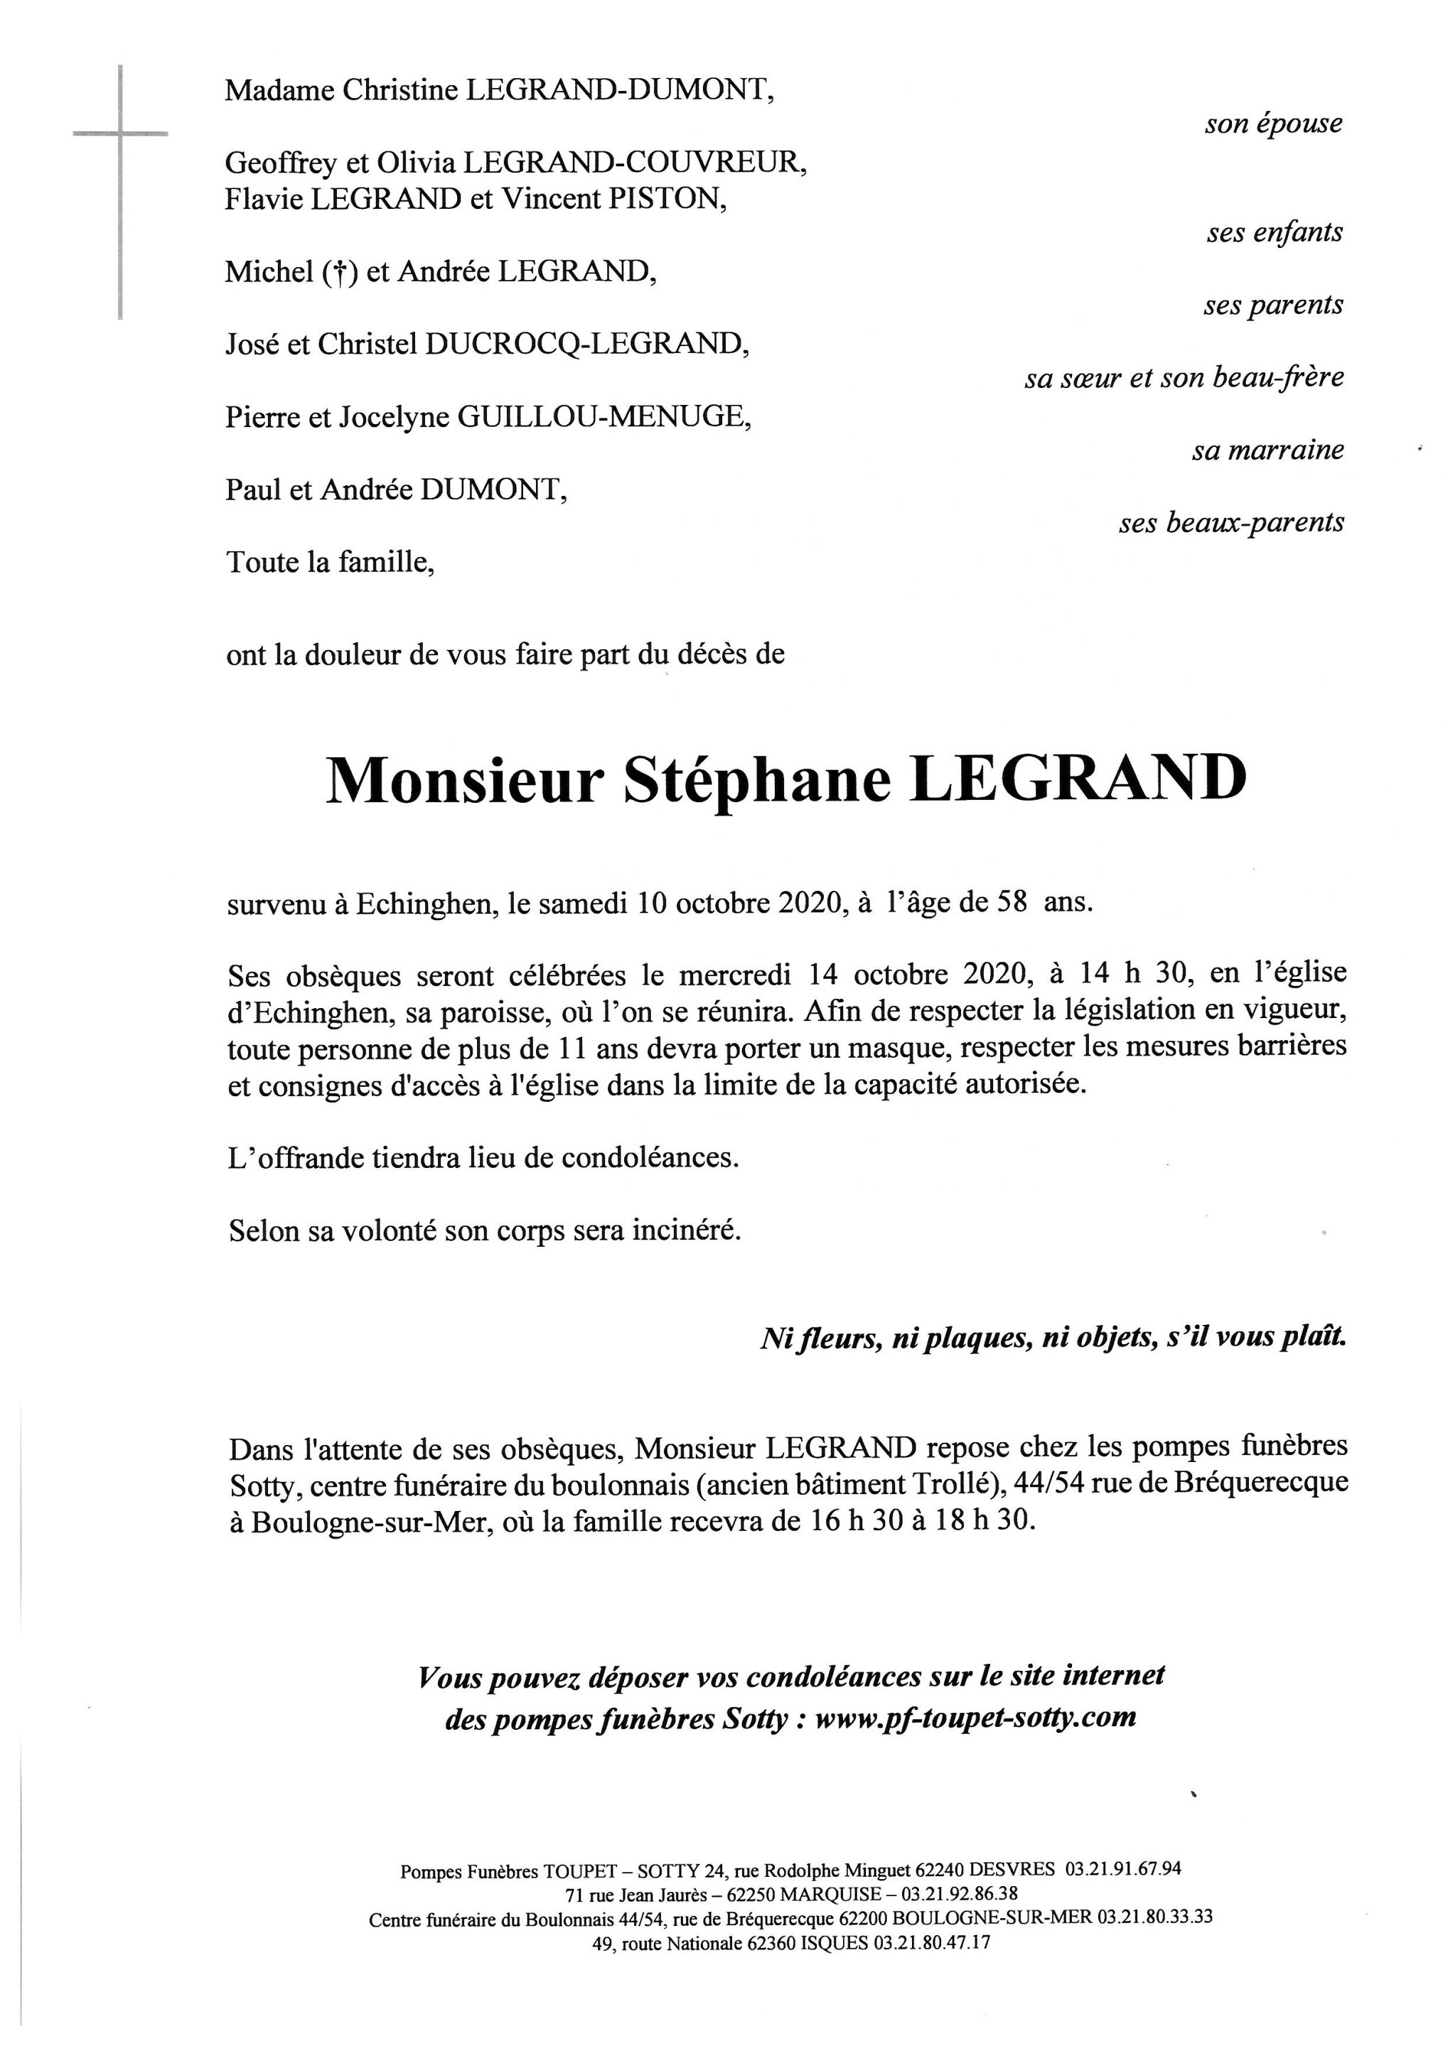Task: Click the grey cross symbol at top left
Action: click(x=119, y=134)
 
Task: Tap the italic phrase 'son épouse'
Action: click(x=1272, y=124)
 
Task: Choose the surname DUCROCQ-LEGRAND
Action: click(x=586, y=344)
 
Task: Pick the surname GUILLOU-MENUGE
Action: click(x=603, y=417)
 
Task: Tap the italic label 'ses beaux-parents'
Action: click(x=1231, y=523)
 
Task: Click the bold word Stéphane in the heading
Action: click(x=757, y=781)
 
